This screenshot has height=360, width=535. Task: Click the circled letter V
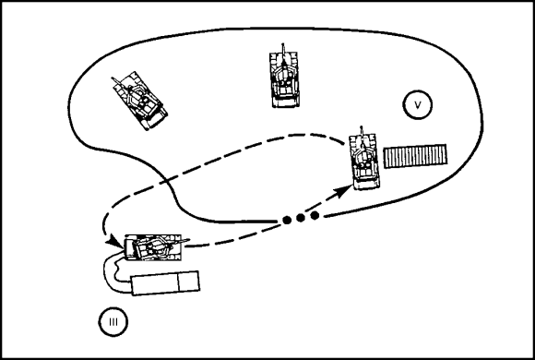(417, 104)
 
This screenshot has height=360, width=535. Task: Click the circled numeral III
(113, 322)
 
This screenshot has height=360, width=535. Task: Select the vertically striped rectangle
(415, 156)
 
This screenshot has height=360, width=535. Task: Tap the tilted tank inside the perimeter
(140, 101)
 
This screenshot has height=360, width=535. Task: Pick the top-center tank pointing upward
(284, 78)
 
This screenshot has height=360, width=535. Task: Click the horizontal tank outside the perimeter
(154, 247)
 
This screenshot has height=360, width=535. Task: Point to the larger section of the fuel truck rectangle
(155, 283)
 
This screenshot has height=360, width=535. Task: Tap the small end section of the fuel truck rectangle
(189, 282)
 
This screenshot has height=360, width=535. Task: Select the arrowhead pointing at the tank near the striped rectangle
(344, 191)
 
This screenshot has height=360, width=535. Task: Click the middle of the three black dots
(301, 218)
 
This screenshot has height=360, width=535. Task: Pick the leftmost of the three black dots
(287, 220)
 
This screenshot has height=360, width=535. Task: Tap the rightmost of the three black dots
(315, 215)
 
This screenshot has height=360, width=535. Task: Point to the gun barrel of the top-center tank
(283, 53)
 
